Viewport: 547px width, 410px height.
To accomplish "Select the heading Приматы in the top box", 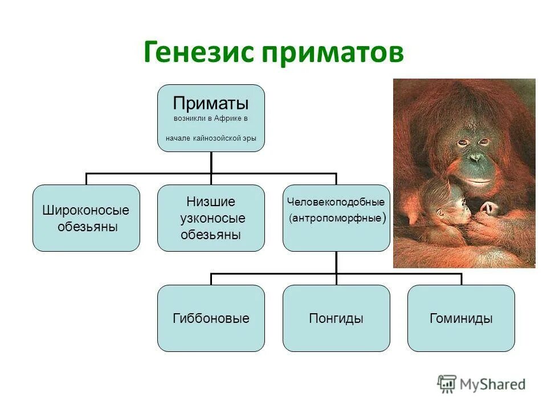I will click(211, 104).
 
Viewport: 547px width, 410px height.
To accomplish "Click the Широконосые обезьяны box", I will click(86, 218).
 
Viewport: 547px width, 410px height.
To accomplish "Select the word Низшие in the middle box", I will click(211, 202).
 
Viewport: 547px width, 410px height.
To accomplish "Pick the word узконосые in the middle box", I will click(212, 218).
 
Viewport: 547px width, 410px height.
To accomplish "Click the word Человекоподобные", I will click(336, 202).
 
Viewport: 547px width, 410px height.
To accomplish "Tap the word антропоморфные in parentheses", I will click(336, 218).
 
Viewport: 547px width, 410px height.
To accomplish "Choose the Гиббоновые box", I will click(211, 318).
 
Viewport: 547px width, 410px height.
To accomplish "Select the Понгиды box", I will click(336, 318).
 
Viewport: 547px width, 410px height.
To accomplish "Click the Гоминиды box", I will click(461, 318).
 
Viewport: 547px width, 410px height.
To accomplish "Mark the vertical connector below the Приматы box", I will click(211, 162).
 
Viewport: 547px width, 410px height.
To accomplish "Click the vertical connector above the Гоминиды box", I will click(461, 279).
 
